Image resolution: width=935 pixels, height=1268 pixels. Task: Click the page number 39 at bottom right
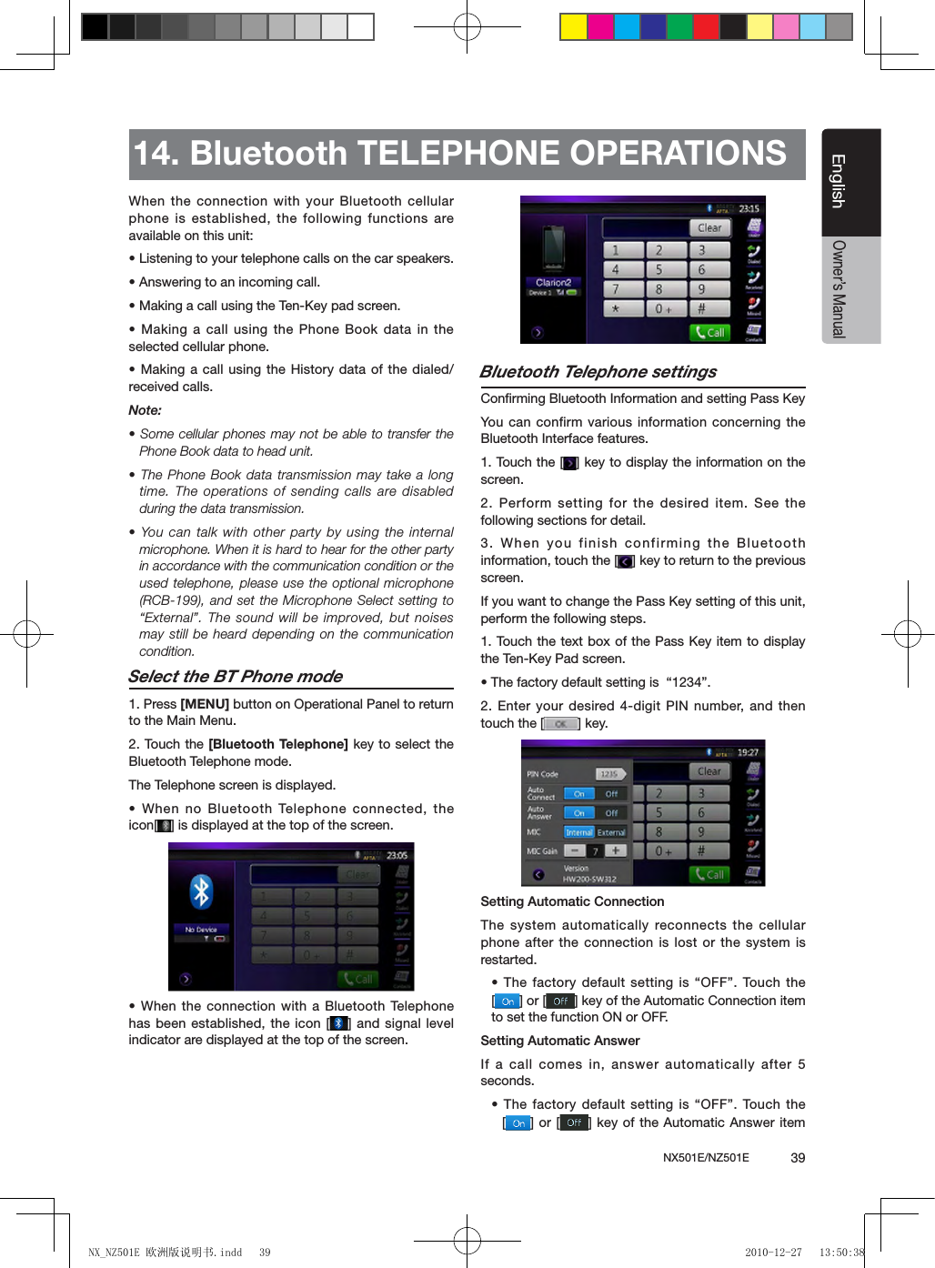coord(798,1158)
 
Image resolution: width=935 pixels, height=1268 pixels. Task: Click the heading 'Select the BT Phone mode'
coord(236,676)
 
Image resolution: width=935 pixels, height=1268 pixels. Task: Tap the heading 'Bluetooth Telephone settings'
coord(598,371)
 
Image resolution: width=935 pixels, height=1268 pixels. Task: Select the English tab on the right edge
coord(839,182)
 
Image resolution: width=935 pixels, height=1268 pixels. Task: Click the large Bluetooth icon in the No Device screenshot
coord(201,891)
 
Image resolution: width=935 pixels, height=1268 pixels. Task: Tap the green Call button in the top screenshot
coord(709,333)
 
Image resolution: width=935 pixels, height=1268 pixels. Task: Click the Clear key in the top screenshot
coord(709,227)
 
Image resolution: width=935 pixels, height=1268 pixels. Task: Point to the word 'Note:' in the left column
coord(145,410)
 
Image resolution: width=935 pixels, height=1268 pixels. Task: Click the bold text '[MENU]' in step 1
coord(205,704)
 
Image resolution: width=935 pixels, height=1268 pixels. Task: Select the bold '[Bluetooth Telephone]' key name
coord(278,744)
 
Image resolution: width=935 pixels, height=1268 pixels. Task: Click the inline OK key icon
coord(561,724)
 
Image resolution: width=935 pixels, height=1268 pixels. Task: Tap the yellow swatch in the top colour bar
coord(573,27)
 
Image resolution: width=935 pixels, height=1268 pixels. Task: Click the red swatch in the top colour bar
coord(706,27)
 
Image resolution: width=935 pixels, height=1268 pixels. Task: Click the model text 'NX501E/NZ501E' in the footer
coord(706,1158)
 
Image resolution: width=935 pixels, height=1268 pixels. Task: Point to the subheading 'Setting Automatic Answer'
coord(560,1041)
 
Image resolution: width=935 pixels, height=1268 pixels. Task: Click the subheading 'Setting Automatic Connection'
coord(572,901)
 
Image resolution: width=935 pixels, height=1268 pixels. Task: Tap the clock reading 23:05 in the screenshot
coord(397,855)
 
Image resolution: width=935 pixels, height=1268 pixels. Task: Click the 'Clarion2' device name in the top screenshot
coord(553,282)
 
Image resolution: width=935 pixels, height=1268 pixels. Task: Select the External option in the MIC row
coord(611,832)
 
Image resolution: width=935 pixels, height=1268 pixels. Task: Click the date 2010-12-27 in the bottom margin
coord(773,1253)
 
